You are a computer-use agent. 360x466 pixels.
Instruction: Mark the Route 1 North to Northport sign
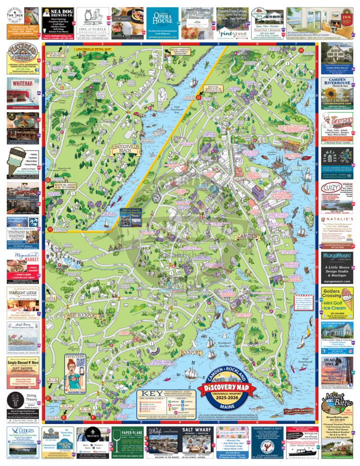point(181,51)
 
